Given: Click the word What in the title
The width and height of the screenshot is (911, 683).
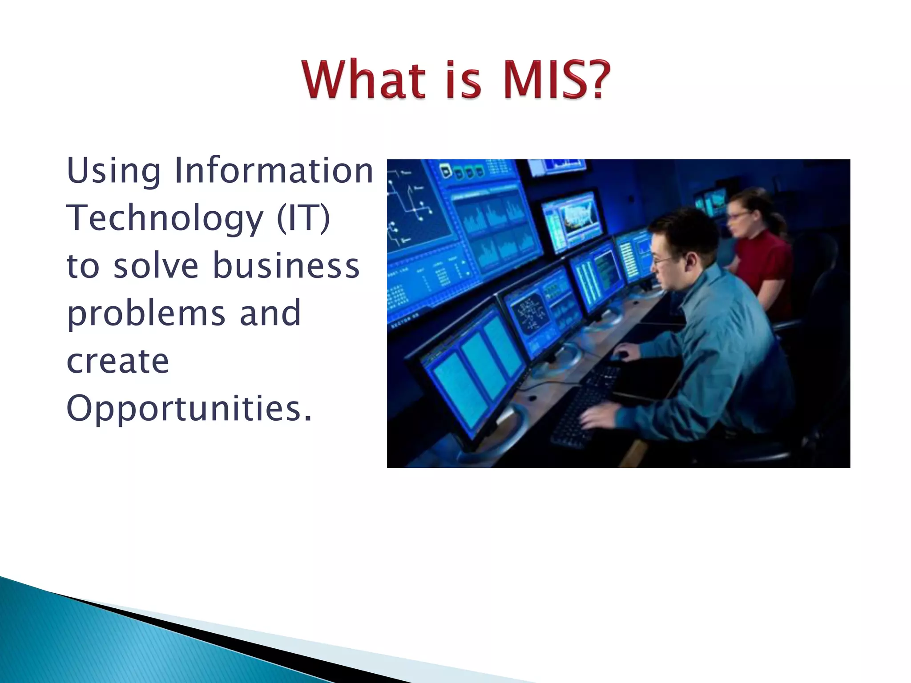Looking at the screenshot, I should point(363,80).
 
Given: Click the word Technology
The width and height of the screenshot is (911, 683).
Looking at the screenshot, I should point(165,219).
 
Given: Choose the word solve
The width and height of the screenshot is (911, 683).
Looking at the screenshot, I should point(156,266).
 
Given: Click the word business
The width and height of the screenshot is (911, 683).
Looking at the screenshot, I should point(286,265).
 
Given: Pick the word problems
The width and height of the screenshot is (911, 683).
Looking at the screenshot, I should point(146,313).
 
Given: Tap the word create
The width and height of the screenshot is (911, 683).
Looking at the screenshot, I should point(117,361).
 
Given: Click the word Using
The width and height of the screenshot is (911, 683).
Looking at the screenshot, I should point(113,171).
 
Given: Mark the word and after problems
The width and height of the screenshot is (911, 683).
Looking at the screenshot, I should point(270,313).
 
